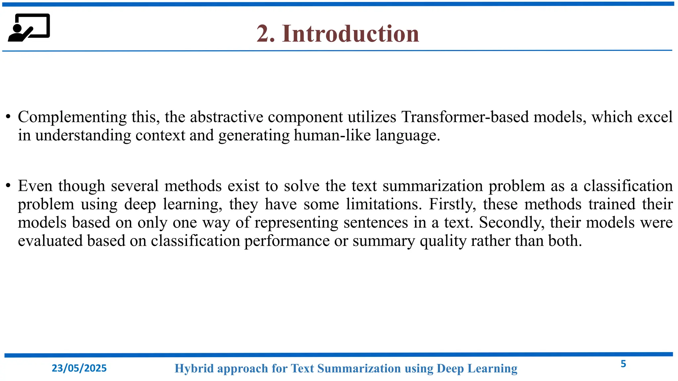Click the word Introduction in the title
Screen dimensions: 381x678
pos(351,34)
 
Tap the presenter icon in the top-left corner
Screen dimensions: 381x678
pos(29,28)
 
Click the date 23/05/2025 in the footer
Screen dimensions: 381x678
pos(79,368)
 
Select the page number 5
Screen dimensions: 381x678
pos(623,364)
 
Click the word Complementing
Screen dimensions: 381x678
pos(72,117)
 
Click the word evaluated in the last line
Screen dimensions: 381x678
pos(50,241)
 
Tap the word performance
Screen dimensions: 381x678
pos(287,241)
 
